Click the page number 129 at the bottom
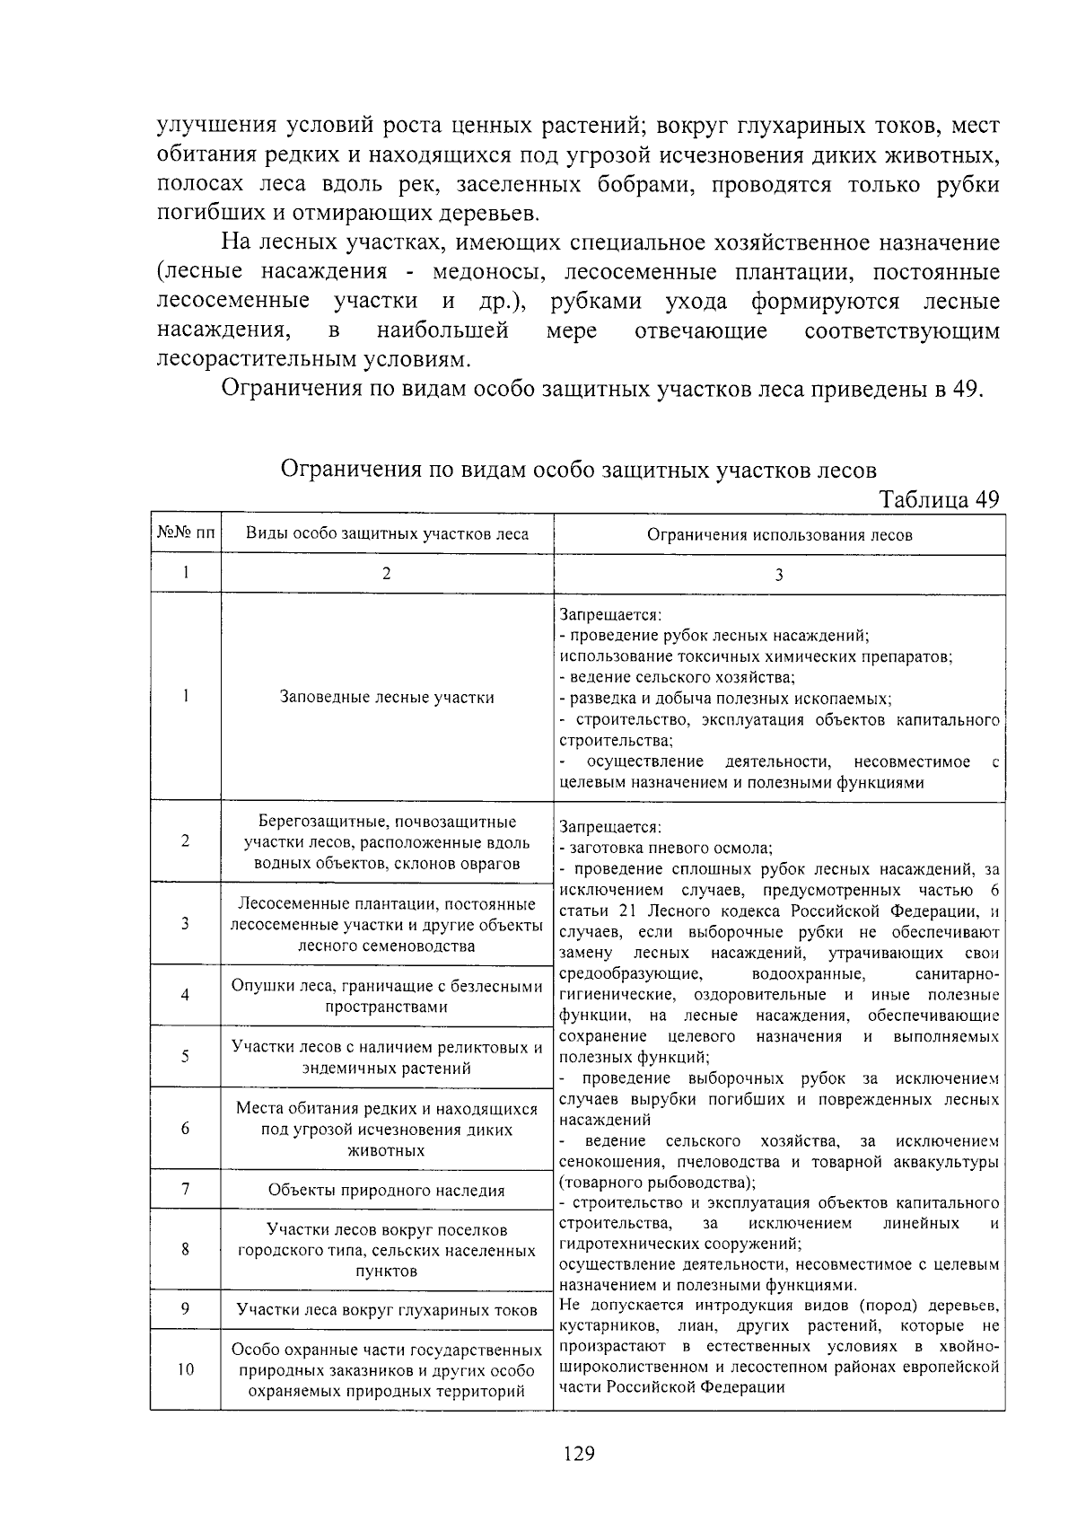(x=580, y=1453)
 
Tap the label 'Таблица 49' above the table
(x=939, y=499)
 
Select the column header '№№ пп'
(x=186, y=534)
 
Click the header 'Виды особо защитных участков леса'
(x=387, y=534)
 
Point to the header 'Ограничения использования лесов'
(x=779, y=535)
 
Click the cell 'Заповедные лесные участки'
(x=387, y=697)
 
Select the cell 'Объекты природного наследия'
(x=387, y=1190)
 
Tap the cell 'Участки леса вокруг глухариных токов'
(x=387, y=1310)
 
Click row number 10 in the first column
(x=185, y=1370)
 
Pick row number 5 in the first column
(x=185, y=1057)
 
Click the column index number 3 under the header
(x=779, y=576)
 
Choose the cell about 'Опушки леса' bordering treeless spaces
(x=387, y=996)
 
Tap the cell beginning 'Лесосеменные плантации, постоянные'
(x=387, y=925)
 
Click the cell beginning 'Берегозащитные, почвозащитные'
(x=387, y=842)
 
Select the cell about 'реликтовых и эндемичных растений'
(x=387, y=1057)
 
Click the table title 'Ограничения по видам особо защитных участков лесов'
(x=579, y=470)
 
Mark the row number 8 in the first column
(x=185, y=1249)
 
